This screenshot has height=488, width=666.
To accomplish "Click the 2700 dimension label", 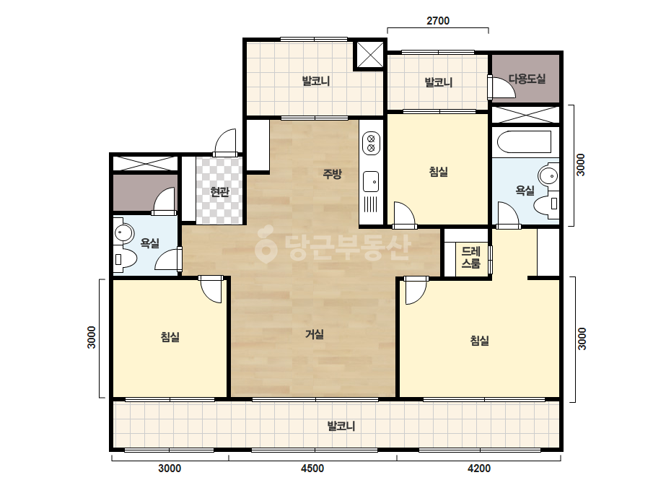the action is [x=437, y=20].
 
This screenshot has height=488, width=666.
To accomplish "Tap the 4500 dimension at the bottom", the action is [x=312, y=469].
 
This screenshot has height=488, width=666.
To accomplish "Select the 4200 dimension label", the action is [x=478, y=469].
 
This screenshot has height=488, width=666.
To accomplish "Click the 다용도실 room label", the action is [x=527, y=79].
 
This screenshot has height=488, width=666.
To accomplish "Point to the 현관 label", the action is [x=219, y=192].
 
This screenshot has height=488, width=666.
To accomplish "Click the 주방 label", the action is [x=332, y=173].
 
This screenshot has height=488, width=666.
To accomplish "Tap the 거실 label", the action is [x=315, y=334].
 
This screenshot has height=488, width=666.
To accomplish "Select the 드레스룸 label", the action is [x=470, y=258].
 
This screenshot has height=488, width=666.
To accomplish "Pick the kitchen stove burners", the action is [x=371, y=143].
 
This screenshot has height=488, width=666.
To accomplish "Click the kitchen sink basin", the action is [x=371, y=181].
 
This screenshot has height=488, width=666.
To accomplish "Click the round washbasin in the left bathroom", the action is [x=123, y=232].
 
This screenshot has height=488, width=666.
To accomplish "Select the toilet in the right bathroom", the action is [x=547, y=204].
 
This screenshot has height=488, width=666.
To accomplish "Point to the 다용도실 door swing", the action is [x=502, y=87].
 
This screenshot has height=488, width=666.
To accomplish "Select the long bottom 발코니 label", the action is [x=341, y=426].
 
